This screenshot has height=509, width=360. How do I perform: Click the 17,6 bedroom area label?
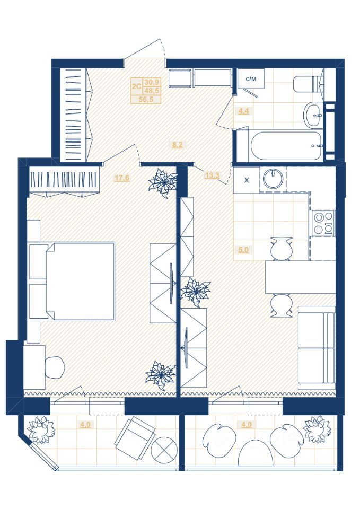click(x=122, y=178)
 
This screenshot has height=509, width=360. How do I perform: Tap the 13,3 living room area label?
click(x=212, y=175)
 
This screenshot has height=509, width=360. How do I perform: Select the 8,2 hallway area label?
click(x=177, y=145)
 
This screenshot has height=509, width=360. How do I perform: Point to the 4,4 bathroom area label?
click(x=243, y=111)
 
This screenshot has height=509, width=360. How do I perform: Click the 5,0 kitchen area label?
click(x=243, y=250)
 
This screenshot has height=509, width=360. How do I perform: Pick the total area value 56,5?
click(x=145, y=99)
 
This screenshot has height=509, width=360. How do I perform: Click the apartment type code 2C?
click(x=136, y=86)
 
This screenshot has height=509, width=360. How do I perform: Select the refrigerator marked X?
click(x=247, y=180)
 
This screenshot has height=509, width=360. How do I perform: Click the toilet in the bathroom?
click(x=309, y=84)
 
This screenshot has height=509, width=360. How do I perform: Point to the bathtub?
click(x=286, y=146)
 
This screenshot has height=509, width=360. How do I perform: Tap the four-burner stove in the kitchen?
click(x=322, y=223)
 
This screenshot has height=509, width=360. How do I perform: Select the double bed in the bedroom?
click(x=72, y=282)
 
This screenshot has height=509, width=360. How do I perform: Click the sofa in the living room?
click(x=317, y=348)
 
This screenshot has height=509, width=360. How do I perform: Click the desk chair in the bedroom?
click(x=55, y=367)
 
